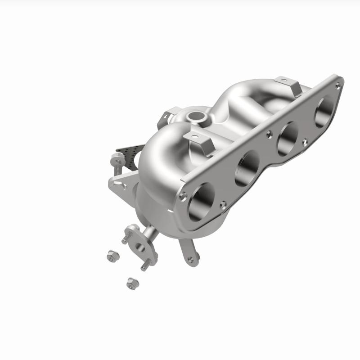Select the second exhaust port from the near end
click(247, 167)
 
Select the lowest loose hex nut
click(132, 283)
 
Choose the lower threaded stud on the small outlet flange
click(145, 265)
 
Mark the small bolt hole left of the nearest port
click(182, 196)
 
